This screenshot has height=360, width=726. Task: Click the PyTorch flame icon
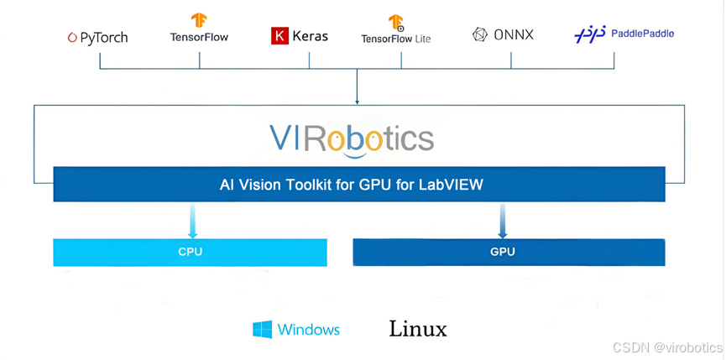click(x=72, y=37)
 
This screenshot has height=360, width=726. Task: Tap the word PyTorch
click(x=103, y=37)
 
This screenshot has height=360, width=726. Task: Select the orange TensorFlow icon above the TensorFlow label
click(x=199, y=20)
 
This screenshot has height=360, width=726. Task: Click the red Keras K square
click(x=279, y=35)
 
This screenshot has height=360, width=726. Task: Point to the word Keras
click(x=311, y=36)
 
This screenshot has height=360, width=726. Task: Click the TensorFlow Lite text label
click(x=396, y=39)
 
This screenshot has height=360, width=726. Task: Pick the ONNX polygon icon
click(x=480, y=34)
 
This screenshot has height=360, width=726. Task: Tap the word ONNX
click(x=514, y=34)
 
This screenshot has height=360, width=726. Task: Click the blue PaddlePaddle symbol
click(x=589, y=34)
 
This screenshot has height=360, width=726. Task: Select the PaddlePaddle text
click(x=642, y=34)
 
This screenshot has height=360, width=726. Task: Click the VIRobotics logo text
click(x=352, y=138)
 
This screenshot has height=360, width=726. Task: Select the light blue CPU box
click(x=190, y=252)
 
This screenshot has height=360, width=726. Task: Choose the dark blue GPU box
click(x=509, y=252)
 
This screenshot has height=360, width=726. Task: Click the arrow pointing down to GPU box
click(x=503, y=220)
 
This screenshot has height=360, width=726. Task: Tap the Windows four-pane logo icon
click(x=263, y=329)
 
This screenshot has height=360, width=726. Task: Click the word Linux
click(x=418, y=329)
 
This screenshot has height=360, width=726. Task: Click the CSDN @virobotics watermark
click(x=667, y=347)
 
